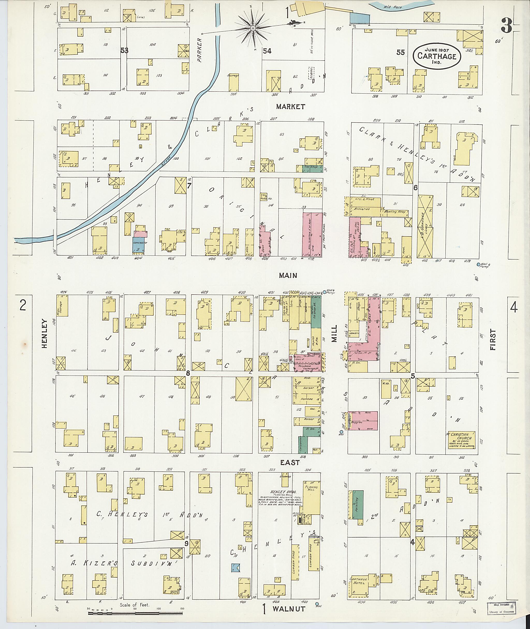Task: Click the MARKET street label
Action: point(291,106)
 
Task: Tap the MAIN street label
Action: point(288,275)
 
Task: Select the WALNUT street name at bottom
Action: point(289,609)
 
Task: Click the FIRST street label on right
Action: point(492,340)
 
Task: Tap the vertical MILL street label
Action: point(334,333)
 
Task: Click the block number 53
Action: point(124,50)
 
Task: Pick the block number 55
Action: point(400,52)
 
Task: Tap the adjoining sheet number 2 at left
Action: point(23,306)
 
